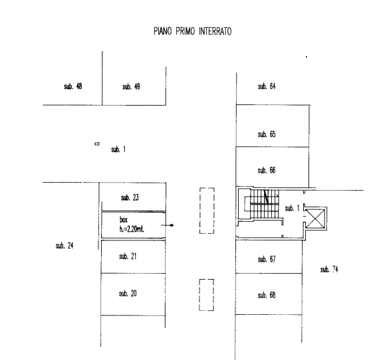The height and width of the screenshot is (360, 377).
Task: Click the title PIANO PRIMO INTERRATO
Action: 192,31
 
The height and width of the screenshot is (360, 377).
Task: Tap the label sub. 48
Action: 73,86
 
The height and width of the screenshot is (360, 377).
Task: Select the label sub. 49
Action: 131,86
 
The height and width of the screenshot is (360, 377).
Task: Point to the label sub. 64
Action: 267,86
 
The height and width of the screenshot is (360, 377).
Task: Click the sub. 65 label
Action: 267,134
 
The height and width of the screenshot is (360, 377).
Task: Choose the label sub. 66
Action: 267,170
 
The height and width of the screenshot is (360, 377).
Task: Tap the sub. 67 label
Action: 267,259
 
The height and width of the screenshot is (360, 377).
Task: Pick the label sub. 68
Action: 267,295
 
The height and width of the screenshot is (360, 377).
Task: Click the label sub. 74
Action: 329,269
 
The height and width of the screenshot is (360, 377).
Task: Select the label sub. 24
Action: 64,246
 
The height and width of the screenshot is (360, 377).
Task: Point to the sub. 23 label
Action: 130,197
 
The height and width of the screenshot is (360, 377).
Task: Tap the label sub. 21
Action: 128,256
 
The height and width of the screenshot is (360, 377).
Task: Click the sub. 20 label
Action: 128,293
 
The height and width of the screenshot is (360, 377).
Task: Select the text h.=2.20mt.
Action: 132,229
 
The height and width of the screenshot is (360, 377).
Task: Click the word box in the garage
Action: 124,219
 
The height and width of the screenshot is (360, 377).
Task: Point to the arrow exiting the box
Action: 168,225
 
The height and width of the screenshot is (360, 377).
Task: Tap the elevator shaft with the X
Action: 316,219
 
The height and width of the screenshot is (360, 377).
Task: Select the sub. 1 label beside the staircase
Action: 292,208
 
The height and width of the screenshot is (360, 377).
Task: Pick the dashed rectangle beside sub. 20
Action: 207,295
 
